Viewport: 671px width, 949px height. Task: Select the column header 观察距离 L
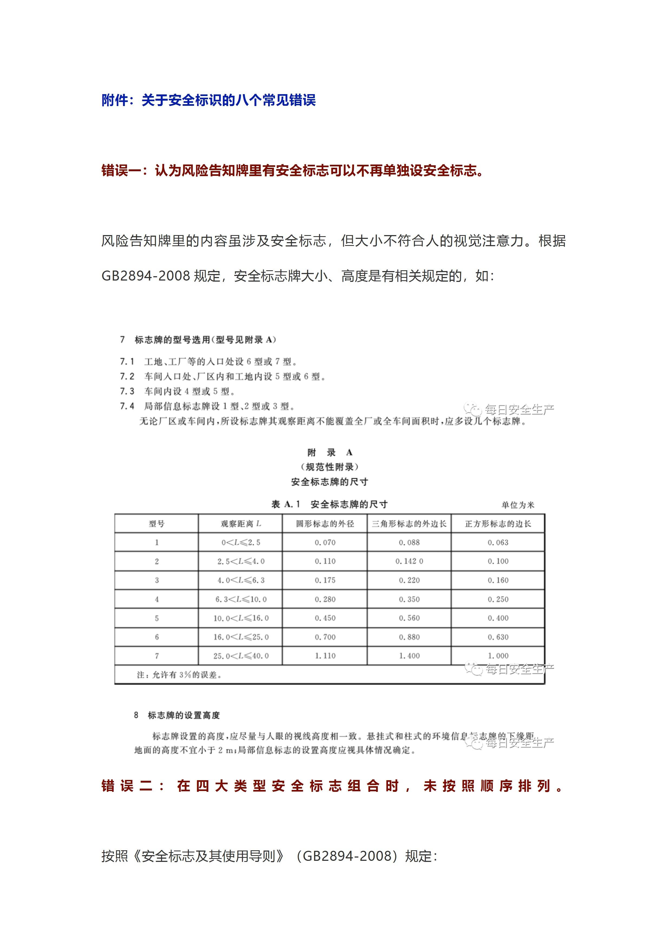241,524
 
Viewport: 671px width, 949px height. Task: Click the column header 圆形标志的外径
325,524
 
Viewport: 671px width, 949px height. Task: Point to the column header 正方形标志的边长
498,524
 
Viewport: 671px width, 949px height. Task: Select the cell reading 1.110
325,655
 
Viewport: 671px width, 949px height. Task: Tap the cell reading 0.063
498,542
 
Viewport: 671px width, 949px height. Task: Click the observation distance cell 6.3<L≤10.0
241,599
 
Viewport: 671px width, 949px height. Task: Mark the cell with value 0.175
325,580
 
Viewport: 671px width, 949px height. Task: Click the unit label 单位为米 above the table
518,505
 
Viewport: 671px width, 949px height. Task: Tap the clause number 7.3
127,391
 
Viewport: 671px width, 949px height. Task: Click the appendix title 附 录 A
330,452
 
